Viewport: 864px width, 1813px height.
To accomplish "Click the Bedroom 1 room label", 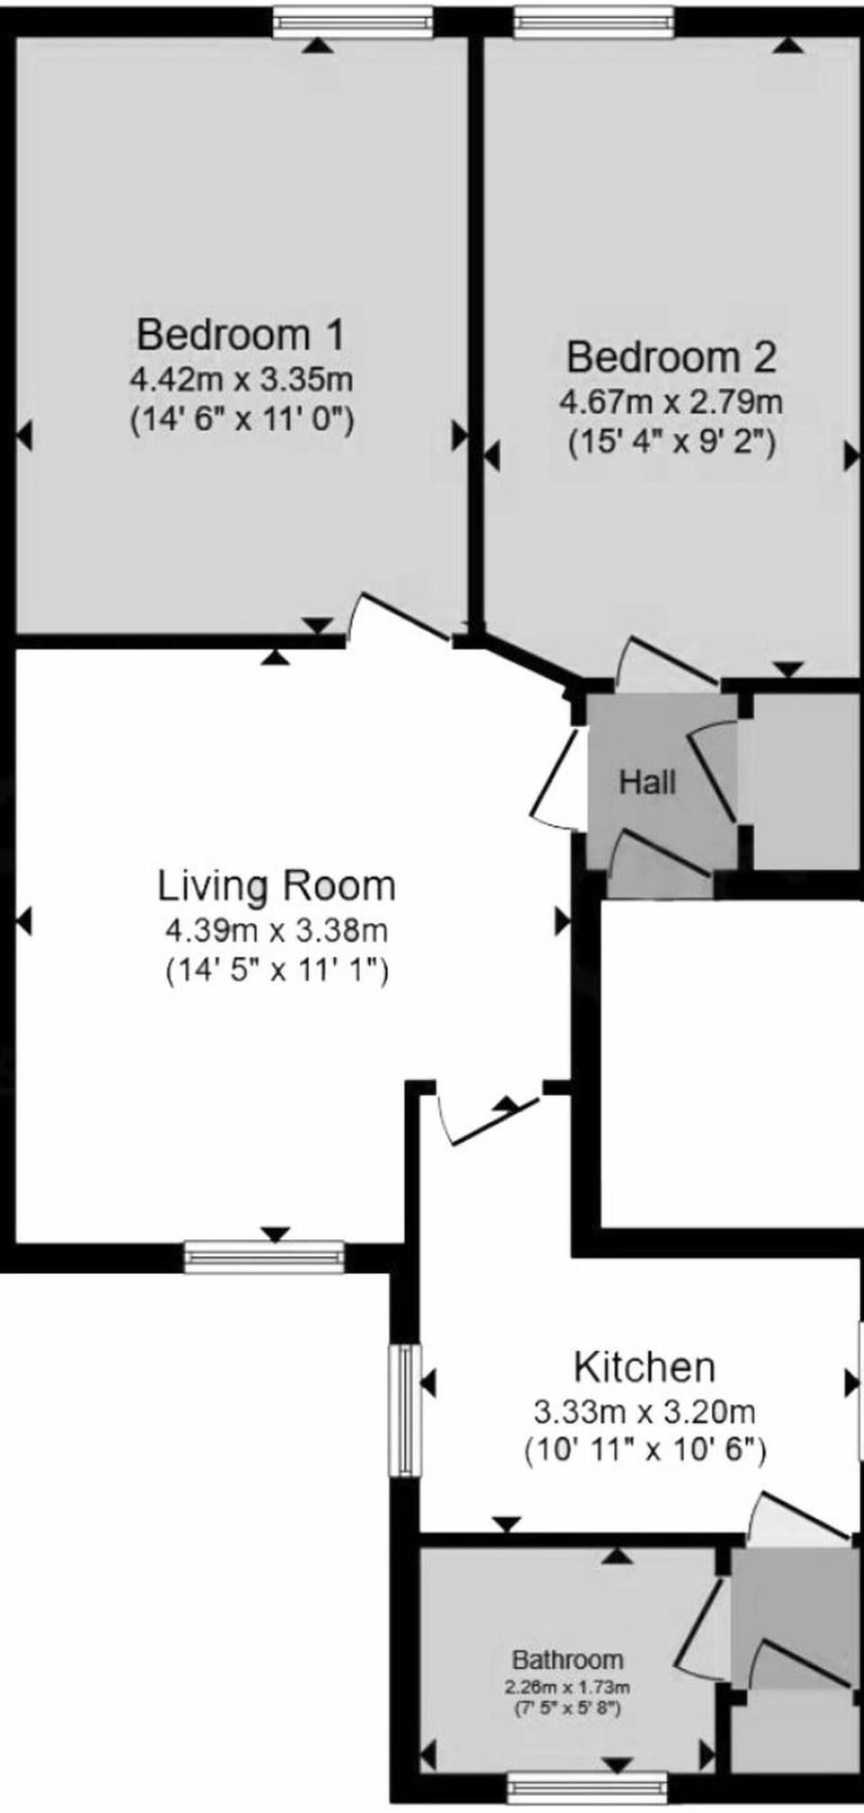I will click(x=240, y=335).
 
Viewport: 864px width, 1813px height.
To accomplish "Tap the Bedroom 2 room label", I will click(x=670, y=357).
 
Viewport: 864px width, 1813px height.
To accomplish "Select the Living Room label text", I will click(x=276, y=885).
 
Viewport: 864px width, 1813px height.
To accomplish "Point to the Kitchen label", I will click(x=644, y=1367).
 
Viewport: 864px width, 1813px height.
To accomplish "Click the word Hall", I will click(x=647, y=782).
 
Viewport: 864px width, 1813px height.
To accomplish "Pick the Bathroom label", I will click(x=567, y=1659).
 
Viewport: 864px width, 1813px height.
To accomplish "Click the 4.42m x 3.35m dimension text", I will click(x=241, y=379).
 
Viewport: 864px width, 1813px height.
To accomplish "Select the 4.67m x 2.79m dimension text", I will click(x=670, y=401).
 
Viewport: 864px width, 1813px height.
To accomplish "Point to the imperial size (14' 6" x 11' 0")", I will click(x=241, y=418).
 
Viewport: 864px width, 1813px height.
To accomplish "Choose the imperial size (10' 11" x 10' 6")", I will click(x=644, y=1450).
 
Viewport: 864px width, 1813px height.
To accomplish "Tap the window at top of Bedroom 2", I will click(x=594, y=22).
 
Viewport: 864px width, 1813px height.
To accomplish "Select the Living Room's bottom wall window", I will click(x=264, y=1257).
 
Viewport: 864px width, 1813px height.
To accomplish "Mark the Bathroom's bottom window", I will click(x=587, y=1786).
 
